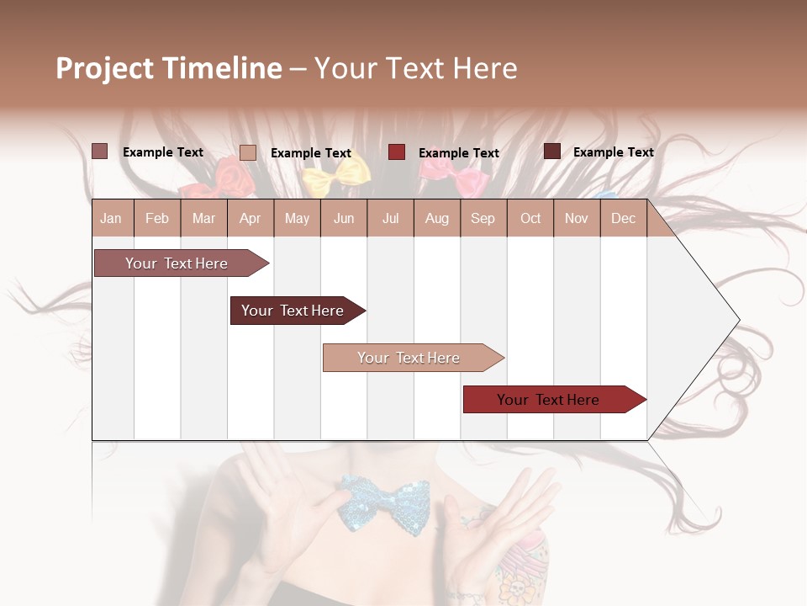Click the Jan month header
click(111, 218)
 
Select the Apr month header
click(250, 218)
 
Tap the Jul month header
click(390, 218)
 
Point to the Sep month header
click(483, 218)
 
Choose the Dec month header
click(623, 218)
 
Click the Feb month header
click(157, 218)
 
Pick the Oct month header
click(530, 218)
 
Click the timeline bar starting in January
click(177, 263)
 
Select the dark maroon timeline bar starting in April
click(293, 311)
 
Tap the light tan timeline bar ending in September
click(409, 358)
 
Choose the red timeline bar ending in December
click(548, 400)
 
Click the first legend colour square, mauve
click(99, 151)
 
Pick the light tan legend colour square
click(247, 152)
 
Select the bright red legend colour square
click(397, 151)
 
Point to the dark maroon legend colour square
click(551, 151)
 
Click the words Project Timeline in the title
click(169, 68)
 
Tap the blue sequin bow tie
click(383, 502)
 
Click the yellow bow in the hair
click(336, 175)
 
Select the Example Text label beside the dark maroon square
click(613, 151)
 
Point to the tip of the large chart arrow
click(737, 320)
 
